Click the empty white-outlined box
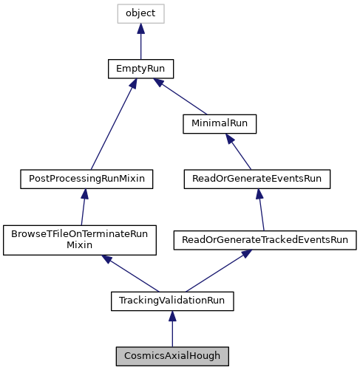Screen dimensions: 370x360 (x=140, y=13)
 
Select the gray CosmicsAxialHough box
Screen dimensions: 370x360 (x=172, y=356)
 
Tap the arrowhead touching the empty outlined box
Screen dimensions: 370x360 (x=140, y=29)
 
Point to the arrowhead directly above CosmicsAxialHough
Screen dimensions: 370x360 (x=172, y=317)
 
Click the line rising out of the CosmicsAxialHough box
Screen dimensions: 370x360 (x=172, y=335)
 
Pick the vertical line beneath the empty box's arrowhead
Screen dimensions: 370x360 (x=140, y=47)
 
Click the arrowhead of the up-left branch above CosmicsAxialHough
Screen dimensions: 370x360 (x=106, y=258)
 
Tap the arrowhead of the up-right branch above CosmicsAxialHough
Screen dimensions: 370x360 (x=246, y=253)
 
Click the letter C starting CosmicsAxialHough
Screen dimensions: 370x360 (x=128, y=356)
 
